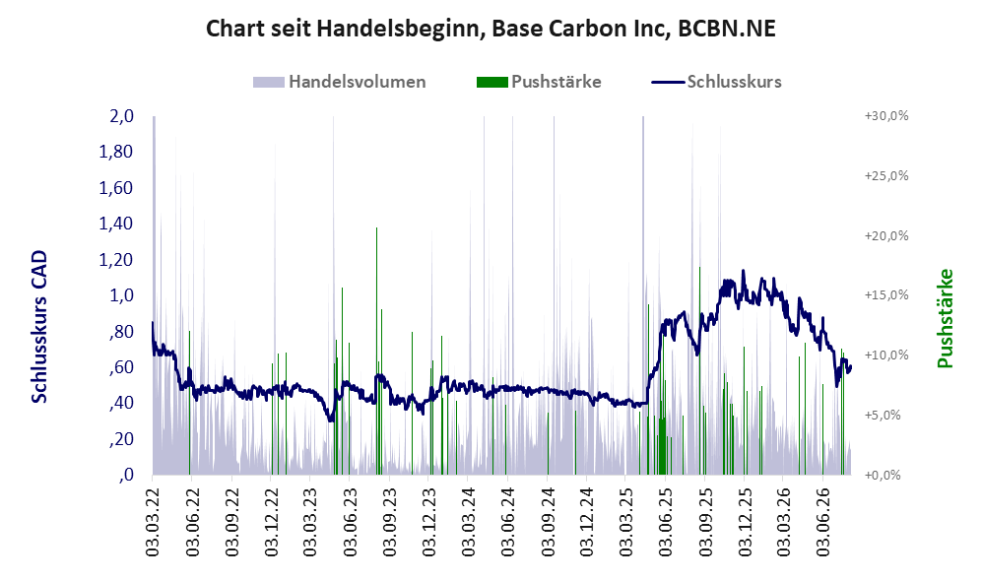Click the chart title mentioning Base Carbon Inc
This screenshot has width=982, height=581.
pyautogui.click(x=491, y=29)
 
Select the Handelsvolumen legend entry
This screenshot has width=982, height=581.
pyautogui.click(x=340, y=82)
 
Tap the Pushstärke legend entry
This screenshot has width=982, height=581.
pyautogui.click(x=539, y=82)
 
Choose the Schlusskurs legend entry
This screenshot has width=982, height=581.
pyautogui.click(x=716, y=82)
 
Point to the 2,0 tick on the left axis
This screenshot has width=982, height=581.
pyautogui.click(x=121, y=116)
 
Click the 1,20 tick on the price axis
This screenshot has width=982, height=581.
pyautogui.click(x=116, y=259)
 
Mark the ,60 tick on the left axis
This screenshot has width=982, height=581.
pyautogui.click(x=121, y=367)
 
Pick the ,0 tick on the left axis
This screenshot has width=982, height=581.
pyautogui.click(x=126, y=475)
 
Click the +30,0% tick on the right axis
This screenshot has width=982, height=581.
pyautogui.click(x=886, y=116)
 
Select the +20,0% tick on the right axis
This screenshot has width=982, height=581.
pyautogui.click(x=886, y=235)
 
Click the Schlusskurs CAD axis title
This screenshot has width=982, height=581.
pyautogui.click(x=38, y=327)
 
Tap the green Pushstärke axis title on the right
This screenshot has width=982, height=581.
pyautogui.click(x=945, y=319)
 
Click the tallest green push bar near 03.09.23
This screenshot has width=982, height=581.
pyautogui.click(x=376, y=351)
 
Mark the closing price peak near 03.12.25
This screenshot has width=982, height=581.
pyautogui.click(x=744, y=271)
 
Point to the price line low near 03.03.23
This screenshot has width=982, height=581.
pyautogui.click(x=331, y=420)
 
